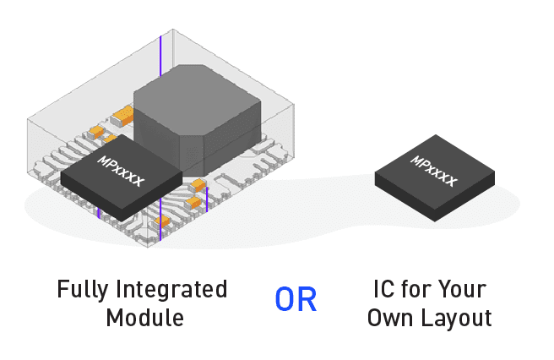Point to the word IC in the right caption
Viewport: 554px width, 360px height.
point(383,290)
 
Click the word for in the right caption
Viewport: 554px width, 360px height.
point(419,290)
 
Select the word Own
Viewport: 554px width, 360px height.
point(395,319)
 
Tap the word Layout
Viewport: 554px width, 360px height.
point(459,319)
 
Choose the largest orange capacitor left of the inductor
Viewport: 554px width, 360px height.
point(123,111)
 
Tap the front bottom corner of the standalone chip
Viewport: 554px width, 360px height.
point(437,221)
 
